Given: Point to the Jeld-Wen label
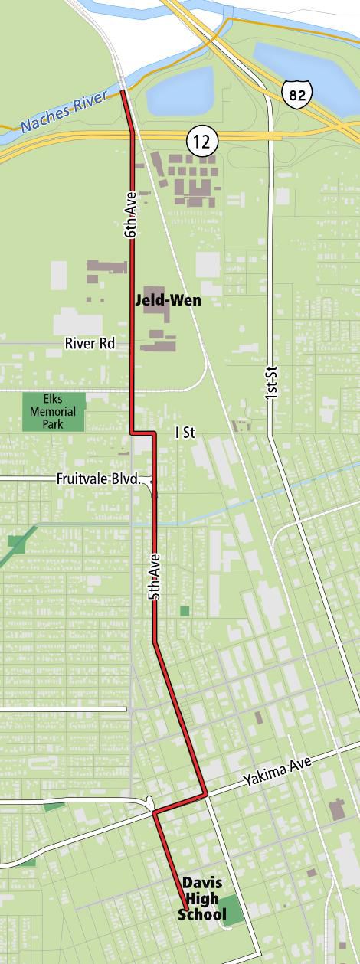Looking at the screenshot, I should [168, 299].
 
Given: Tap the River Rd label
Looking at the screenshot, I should [90, 344].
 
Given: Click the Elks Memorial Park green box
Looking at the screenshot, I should [53, 412].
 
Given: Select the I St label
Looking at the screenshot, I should [185, 433].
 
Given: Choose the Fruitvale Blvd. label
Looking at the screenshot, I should [99, 479].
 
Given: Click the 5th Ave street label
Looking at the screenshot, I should [155, 575].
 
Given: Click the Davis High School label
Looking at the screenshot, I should [202, 898].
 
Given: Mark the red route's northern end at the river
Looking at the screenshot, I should [123, 93].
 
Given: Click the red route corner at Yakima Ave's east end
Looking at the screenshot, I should [206, 795].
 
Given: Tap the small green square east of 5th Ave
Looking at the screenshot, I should [185, 610].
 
